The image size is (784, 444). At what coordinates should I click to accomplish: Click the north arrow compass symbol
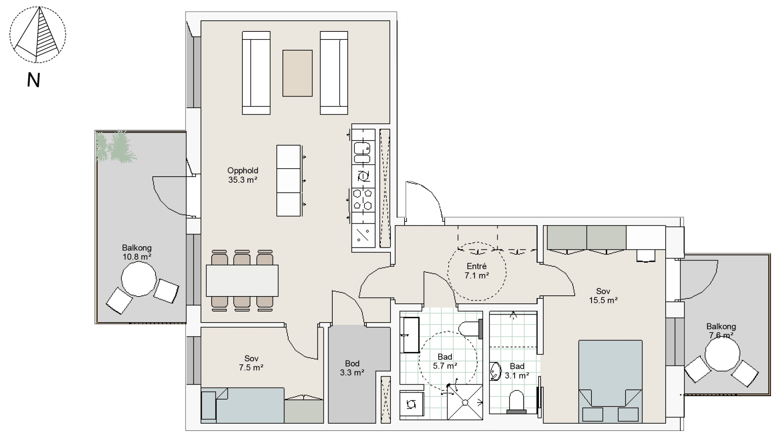coord(38,34)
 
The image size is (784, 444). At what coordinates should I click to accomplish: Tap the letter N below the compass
coord(34,80)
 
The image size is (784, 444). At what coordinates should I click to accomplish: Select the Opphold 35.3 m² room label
coord(243,175)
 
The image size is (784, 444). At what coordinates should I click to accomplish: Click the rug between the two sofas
coord(297,73)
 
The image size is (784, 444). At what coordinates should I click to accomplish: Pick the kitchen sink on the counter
coord(362,152)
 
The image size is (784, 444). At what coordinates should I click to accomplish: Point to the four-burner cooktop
coord(363,199)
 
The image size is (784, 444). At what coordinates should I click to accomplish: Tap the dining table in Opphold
coord(242,280)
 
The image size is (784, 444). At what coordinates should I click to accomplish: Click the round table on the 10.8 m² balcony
coord(139,279)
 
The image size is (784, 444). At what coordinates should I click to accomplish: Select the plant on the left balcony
coord(116,147)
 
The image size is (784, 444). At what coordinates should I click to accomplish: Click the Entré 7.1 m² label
coord(477,270)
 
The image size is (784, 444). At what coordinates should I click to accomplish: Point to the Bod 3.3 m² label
coord(352,368)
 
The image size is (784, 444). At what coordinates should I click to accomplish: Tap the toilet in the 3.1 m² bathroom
coord(516,402)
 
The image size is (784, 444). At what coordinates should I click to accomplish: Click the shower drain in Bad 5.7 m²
coord(465,402)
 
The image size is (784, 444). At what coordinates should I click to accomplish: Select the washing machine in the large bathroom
coord(412,403)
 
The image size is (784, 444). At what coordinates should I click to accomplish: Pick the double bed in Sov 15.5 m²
coord(610,382)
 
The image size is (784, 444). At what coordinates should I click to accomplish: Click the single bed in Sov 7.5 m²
coord(243,405)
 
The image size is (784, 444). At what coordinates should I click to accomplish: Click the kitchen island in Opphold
coord(289,180)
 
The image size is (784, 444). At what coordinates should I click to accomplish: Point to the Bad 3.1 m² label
coord(517,371)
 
